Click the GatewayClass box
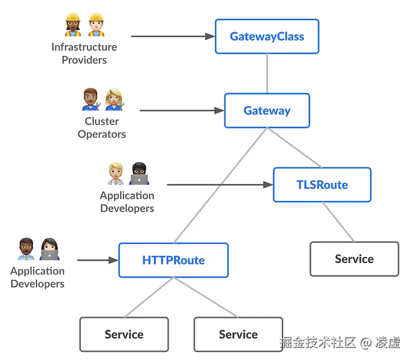coord(267,37)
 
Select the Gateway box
coord(267,111)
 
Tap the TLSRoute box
coord(322,185)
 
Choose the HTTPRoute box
coord(173,260)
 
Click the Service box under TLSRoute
coord(354,259)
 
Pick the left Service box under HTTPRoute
coord(124,334)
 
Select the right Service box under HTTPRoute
coord(238,334)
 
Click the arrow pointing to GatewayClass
coord(172,37)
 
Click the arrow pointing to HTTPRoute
coord(98,260)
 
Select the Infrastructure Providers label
coord(84,53)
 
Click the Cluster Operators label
coord(102,128)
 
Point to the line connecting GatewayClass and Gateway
coord(267,73)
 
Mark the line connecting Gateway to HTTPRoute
coord(221,185)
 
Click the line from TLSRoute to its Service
coord(338,222)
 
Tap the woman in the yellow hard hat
coord(73,25)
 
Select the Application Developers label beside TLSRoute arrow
coord(127,202)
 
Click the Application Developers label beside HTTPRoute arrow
coord(38,277)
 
